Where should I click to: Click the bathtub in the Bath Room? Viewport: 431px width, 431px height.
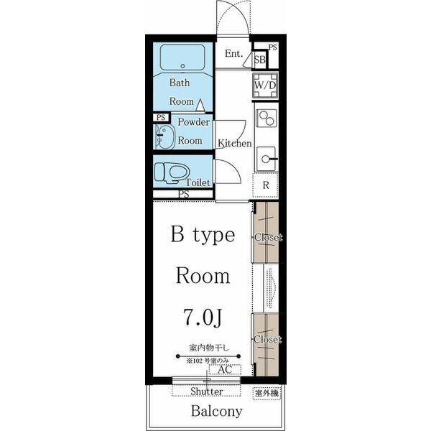[182, 57]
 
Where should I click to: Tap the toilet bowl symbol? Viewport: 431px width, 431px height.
[172, 172]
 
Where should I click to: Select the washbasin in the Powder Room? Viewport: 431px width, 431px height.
[164, 137]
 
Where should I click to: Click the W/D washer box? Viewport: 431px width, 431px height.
[265, 85]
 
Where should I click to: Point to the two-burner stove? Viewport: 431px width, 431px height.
[266, 118]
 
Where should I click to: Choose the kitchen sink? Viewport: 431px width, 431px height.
[267, 159]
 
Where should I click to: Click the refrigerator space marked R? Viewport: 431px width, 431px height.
[265, 185]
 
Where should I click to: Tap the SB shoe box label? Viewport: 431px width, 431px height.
[260, 60]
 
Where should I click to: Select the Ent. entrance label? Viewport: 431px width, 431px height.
[234, 53]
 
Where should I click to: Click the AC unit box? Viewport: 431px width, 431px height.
[225, 369]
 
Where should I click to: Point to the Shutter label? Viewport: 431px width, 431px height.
[206, 391]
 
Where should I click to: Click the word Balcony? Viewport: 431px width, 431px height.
[217, 411]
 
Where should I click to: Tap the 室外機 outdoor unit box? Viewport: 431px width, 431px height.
[267, 393]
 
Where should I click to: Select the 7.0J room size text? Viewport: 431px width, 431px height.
[203, 317]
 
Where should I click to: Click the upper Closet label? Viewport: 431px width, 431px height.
[268, 237]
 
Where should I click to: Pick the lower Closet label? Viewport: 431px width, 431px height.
[267, 339]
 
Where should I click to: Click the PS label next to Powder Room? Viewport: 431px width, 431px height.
[161, 118]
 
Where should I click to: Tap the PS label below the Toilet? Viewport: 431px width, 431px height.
[184, 195]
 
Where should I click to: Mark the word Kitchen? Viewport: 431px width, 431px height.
[235, 143]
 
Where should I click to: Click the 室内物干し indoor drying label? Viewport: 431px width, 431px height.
[209, 348]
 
